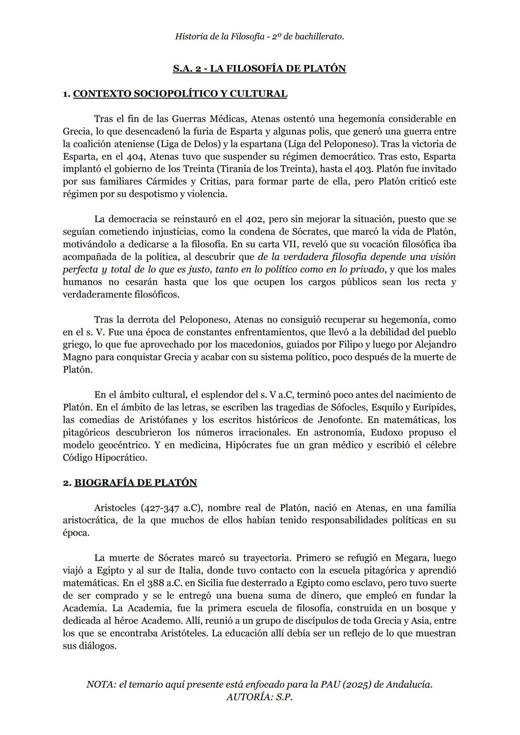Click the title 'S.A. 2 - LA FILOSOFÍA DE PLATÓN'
pyautogui.click(x=260, y=68)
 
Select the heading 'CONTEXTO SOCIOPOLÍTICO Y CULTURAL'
pyautogui.click(x=180, y=94)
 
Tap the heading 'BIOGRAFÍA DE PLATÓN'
pyautogui.click(x=136, y=483)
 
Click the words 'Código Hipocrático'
pyautogui.click(x=105, y=457)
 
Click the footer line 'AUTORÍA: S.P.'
pyautogui.click(x=260, y=697)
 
